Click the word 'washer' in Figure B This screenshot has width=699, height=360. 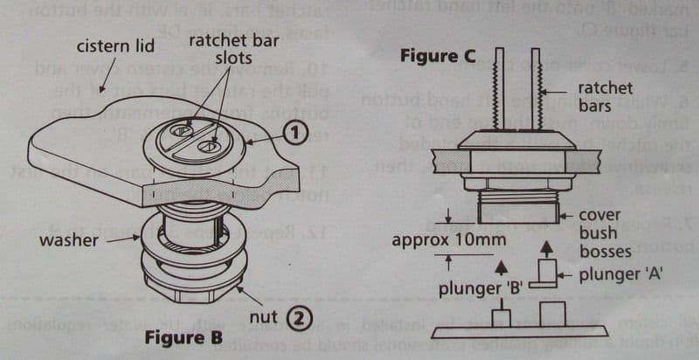click(69, 238)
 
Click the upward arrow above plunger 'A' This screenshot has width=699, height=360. click(548, 249)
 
